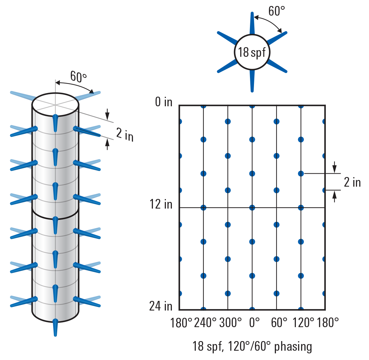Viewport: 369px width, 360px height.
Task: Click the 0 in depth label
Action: (x=164, y=102)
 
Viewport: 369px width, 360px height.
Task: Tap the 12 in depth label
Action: (x=161, y=204)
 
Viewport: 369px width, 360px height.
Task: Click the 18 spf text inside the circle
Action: (x=252, y=52)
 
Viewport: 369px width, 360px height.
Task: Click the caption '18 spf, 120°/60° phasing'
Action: (x=252, y=347)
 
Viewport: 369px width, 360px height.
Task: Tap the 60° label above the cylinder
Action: (x=78, y=77)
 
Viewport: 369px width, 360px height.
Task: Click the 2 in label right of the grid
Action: (x=352, y=182)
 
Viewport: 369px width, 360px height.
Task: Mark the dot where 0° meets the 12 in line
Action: (x=252, y=208)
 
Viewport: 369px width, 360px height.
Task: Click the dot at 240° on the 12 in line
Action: (x=203, y=208)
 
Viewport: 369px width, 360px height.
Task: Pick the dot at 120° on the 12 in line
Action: (x=301, y=208)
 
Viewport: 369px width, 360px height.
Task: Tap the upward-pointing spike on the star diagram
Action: (x=252, y=23)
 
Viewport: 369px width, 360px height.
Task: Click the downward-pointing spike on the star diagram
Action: (x=252, y=80)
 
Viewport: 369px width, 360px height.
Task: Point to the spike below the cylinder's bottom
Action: (x=55, y=328)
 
